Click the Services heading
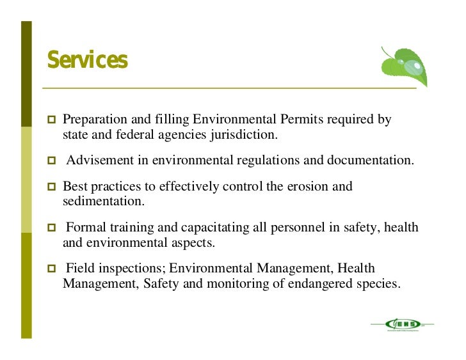(x=87, y=61)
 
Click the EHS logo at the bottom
(x=402, y=325)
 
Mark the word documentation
(x=370, y=160)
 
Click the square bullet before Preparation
(x=52, y=120)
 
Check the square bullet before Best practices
(x=52, y=187)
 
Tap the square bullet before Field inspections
(x=52, y=269)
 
